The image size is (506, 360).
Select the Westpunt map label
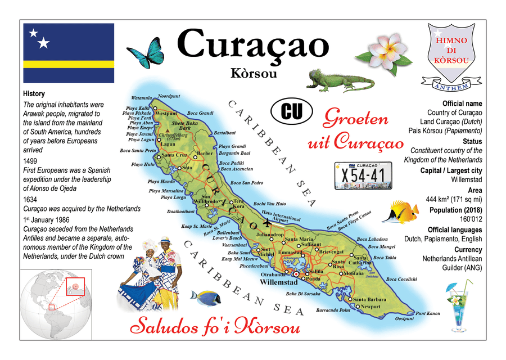pos(166,113)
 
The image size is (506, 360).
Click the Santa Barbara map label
pos(369,299)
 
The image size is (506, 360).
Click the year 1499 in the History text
pos(30,160)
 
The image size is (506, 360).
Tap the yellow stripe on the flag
pos(69,64)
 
